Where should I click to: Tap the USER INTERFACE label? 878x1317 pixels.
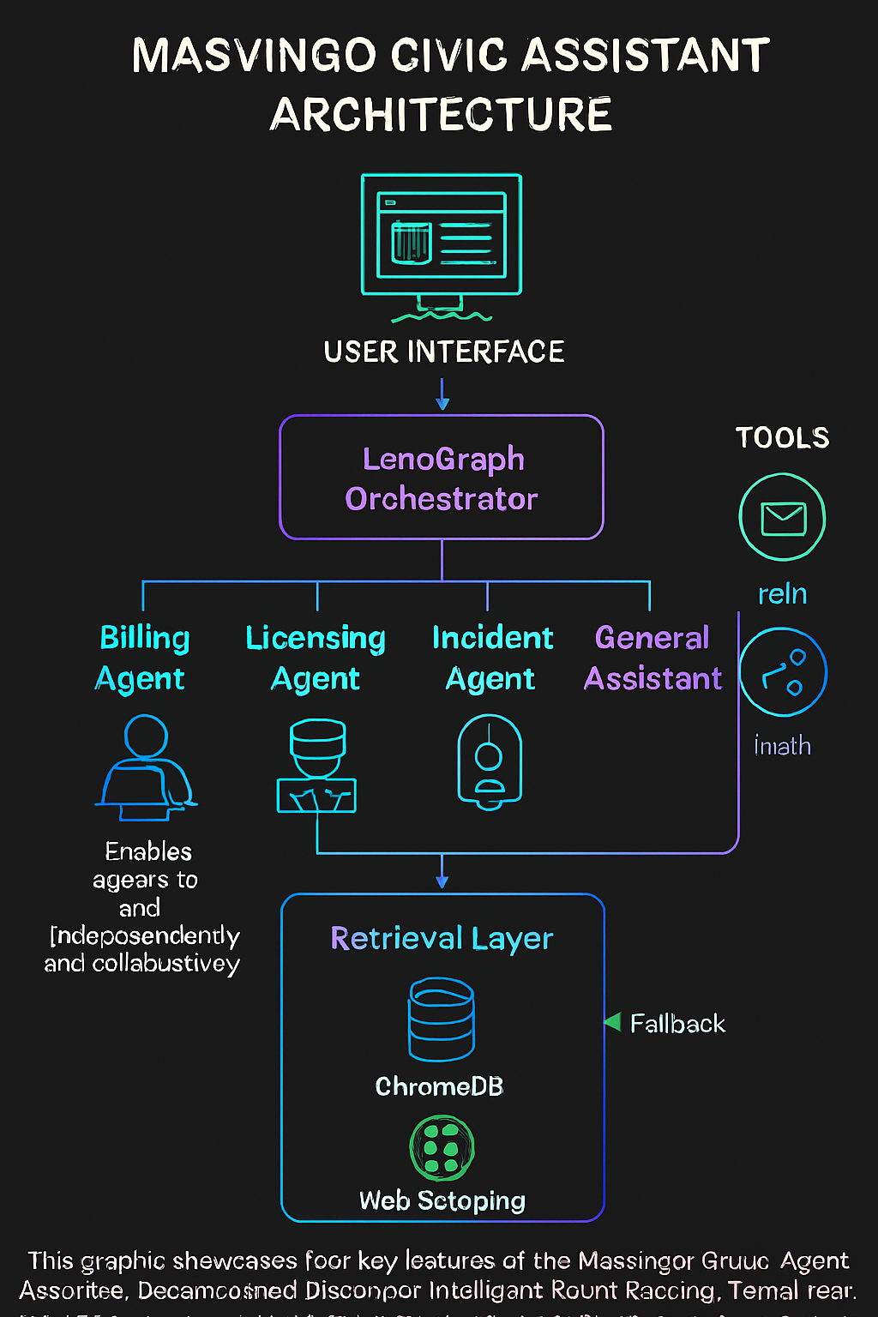443,352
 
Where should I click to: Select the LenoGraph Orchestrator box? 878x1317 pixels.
442,478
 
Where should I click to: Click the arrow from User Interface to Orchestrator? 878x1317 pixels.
442,395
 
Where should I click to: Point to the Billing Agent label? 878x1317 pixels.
143,658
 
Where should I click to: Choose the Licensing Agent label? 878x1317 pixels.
316,658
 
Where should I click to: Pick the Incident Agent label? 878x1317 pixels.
491,658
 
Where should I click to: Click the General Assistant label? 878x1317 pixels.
652,658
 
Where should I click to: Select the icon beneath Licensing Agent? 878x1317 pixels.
316,766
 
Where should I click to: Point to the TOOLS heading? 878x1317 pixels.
782,438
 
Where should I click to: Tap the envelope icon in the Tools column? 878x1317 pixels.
782,518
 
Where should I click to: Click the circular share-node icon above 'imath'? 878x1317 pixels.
782,672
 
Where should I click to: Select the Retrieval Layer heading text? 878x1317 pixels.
442,939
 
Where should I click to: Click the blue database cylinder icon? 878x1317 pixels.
442,1019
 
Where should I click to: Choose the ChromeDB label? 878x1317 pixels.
439,1086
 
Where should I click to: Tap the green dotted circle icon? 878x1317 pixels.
442,1148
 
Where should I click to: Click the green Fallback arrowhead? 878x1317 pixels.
612,1021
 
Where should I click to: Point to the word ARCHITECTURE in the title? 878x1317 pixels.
442,114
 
